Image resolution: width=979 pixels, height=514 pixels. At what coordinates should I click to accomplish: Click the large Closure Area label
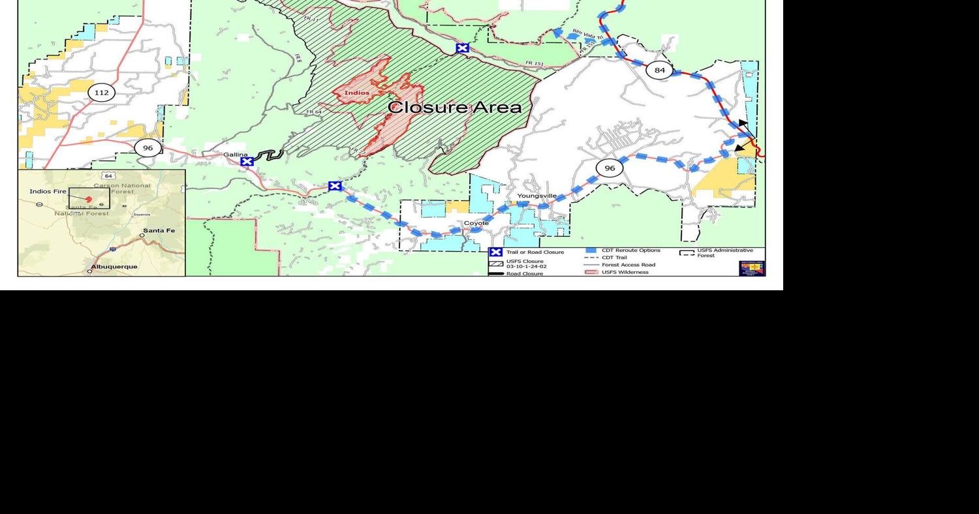click(455, 107)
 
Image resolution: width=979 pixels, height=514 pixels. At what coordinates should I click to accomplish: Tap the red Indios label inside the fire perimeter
click(357, 93)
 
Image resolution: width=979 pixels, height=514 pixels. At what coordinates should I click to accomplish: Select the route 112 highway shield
click(101, 93)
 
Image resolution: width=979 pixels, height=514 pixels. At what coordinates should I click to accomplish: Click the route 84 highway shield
click(659, 70)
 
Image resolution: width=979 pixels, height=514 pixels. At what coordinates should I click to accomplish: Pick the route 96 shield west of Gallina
click(148, 148)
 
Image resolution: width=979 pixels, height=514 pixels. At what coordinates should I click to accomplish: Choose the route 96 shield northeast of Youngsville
click(610, 168)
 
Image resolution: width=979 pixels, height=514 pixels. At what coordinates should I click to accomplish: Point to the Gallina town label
click(236, 155)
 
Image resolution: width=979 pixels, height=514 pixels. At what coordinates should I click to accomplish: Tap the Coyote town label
click(476, 223)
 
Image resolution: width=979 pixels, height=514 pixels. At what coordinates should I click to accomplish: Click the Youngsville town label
click(537, 196)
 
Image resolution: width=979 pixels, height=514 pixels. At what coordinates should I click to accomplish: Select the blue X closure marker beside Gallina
click(247, 162)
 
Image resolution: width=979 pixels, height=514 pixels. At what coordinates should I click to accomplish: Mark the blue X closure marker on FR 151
click(462, 48)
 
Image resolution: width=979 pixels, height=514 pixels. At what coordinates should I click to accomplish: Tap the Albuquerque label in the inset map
click(114, 267)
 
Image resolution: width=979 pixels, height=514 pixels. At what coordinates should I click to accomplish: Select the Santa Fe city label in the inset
click(159, 231)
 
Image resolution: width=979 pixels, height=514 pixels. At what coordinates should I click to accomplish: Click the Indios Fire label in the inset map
click(48, 191)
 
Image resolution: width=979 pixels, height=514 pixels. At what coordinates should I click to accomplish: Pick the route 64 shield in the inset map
click(108, 176)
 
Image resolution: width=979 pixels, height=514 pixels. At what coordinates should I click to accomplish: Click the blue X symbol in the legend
click(496, 252)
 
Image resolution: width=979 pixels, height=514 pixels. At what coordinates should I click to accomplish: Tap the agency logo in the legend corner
click(752, 268)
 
